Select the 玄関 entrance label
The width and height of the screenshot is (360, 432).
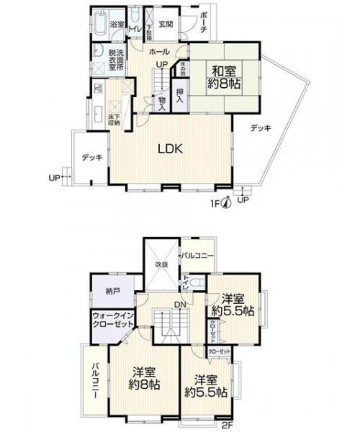[166, 24]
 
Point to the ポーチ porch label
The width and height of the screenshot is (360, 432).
[204, 21]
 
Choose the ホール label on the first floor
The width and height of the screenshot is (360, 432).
[159, 52]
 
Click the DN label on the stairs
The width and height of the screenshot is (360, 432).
[180, 305]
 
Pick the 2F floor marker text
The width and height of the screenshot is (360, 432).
[227, 426]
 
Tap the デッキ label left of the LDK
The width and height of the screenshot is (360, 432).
[91, 156]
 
